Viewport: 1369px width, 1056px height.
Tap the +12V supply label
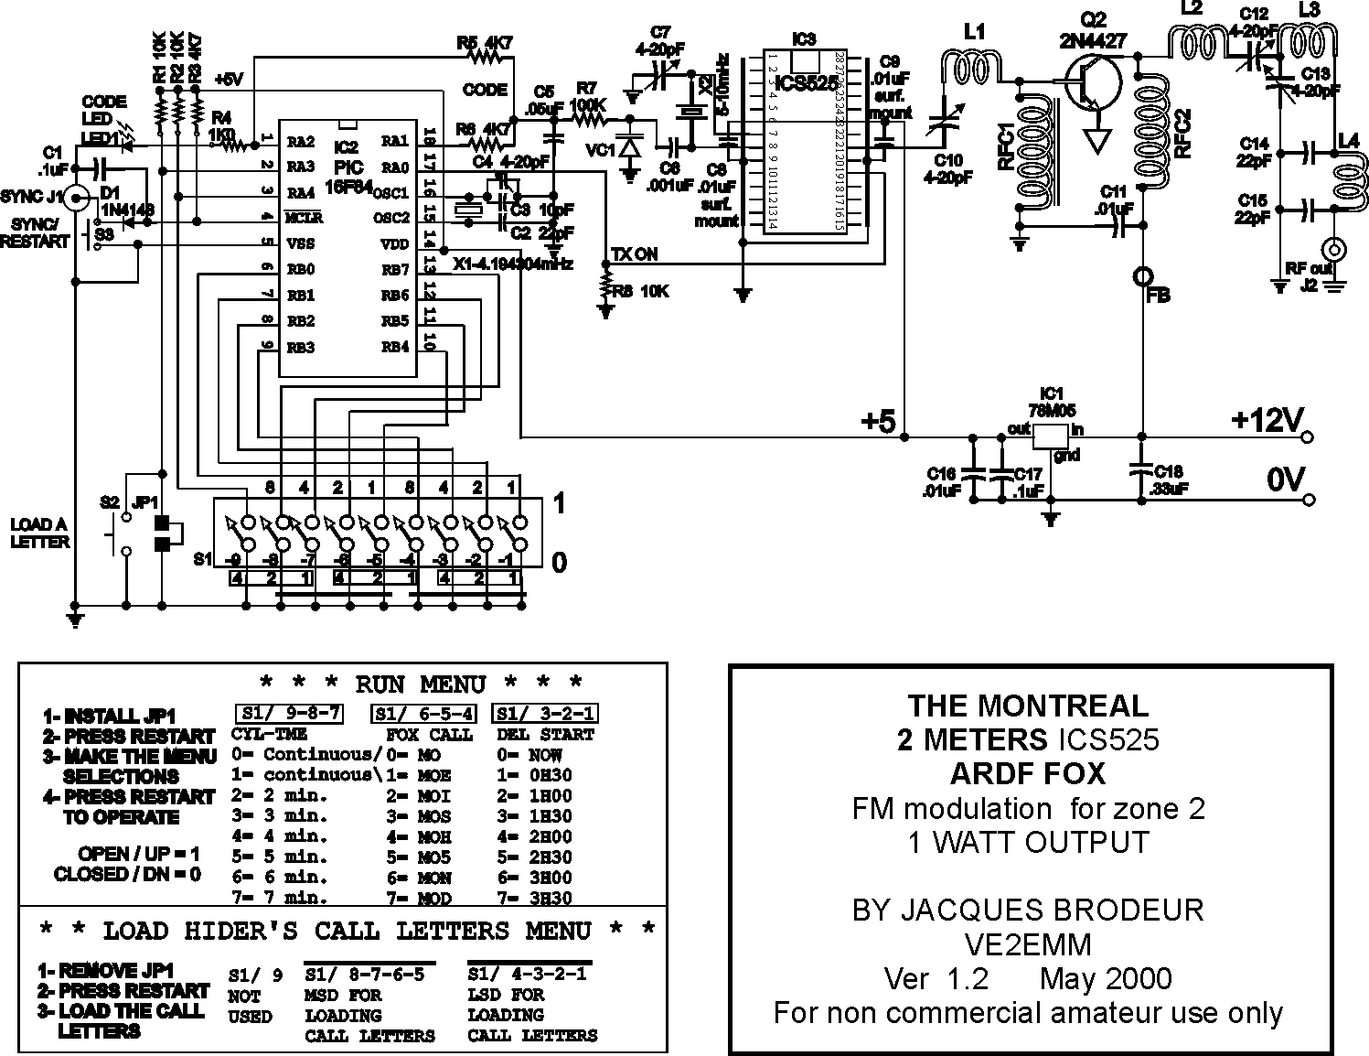pos(1266,420)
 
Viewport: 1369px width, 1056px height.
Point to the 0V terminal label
pos(1285,480)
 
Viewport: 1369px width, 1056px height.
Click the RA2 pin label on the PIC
pos(300,141)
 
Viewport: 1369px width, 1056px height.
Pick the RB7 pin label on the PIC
pos(395,269)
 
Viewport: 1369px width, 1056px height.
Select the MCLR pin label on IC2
pos(304,219)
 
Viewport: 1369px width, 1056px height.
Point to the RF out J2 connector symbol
pos(1335,248)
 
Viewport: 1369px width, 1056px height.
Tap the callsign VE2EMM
pos(1028,943)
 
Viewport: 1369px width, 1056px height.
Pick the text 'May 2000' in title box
pos(1105,978)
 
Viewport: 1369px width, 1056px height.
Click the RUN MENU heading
pos(420,684)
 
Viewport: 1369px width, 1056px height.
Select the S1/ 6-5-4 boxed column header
pos(423,713)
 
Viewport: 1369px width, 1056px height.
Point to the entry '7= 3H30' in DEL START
pos(534,898)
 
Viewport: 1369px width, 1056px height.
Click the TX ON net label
pos(634,254)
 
